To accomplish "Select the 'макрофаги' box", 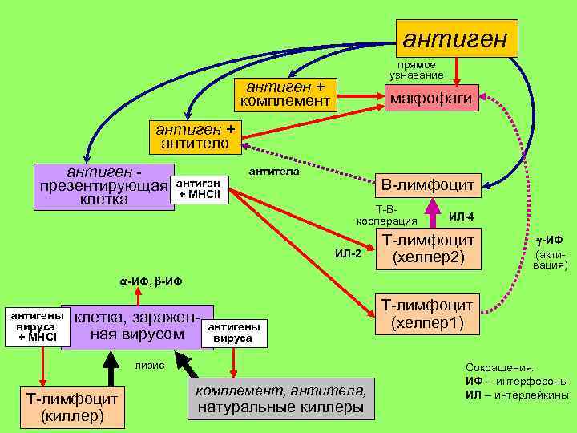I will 433,98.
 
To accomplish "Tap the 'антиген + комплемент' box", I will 285,95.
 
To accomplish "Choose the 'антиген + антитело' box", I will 196,137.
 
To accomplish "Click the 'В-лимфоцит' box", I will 428,185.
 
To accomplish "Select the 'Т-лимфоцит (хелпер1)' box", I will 428,314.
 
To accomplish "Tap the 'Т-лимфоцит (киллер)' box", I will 72,407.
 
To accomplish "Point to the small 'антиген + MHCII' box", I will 200,189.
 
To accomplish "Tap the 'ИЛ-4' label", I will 462,216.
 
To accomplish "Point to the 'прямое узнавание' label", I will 417,70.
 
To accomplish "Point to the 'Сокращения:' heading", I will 494,366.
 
